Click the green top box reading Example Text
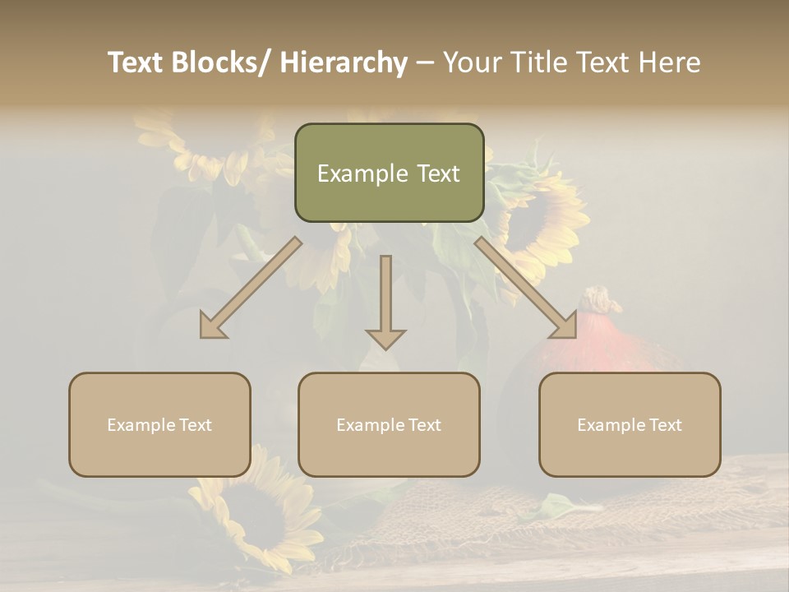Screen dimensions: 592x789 click(x=389, y=173)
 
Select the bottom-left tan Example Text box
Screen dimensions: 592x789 click(x=159, y=424)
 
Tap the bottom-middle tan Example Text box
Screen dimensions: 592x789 click(x=389, y=424)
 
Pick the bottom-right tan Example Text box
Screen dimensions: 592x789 click(x=630, y=424)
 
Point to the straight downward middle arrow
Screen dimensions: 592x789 click(x=385, y=300)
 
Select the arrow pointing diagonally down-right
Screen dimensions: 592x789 click(x=526, y=288)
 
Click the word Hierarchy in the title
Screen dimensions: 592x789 click(x=344, y=62)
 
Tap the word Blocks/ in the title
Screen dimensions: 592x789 click(x=221, y=62)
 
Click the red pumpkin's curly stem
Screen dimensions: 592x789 click(x=602, y=300)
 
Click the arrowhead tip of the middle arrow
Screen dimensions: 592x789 click(x=385, y=348)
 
